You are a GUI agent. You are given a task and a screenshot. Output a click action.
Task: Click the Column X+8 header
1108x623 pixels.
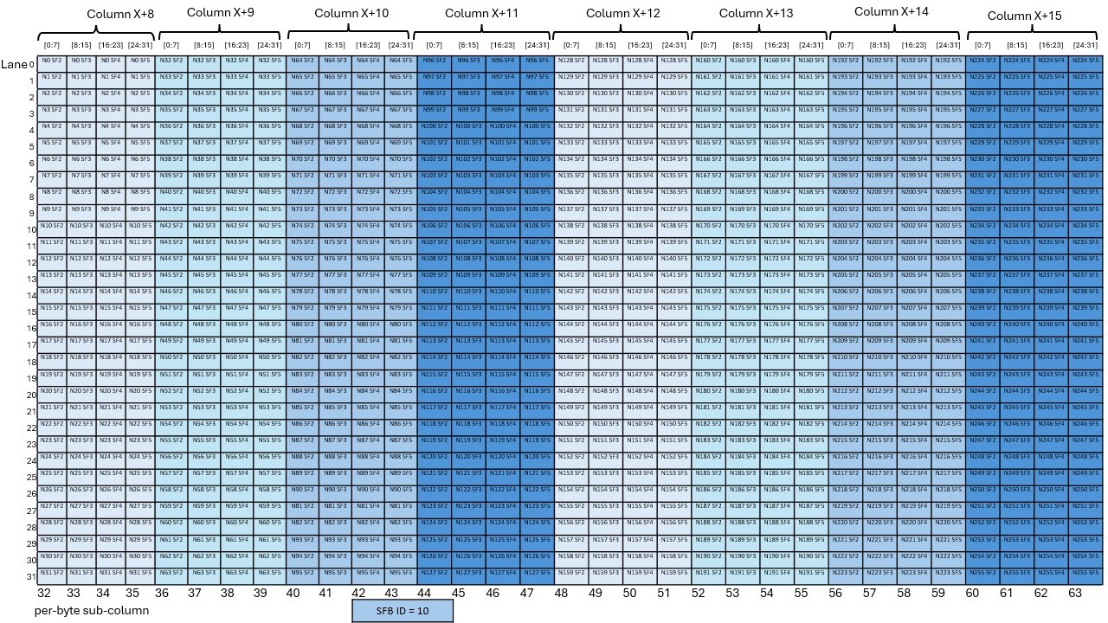click(120, 15)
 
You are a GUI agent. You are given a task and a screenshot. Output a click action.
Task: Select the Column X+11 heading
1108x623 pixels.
click(481, 14)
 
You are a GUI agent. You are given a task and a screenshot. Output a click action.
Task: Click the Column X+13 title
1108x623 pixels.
click(756, 13)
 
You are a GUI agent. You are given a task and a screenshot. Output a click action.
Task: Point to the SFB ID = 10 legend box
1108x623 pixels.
click(403, 610)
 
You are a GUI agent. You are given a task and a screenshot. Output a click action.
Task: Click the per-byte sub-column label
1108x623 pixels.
click(83, 610)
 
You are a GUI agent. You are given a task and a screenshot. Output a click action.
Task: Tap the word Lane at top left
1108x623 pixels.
click(14, 64)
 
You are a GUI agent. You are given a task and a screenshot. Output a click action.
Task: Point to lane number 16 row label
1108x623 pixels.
click(30, 328)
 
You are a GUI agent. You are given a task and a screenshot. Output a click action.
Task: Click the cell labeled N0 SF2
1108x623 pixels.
click(52, 61)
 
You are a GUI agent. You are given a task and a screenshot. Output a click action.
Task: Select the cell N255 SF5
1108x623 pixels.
click(1085, 573)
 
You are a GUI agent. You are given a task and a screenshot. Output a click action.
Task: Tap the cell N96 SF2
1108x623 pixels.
click(433, 61)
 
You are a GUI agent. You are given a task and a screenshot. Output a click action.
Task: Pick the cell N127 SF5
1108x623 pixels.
click(537, 573)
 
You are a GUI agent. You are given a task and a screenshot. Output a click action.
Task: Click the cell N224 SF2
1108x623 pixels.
click(982, 61)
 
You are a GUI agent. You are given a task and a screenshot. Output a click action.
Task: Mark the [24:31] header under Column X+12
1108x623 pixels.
click(673, 45)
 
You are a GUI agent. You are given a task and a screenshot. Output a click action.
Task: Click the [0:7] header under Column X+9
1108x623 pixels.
click(171, 45)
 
